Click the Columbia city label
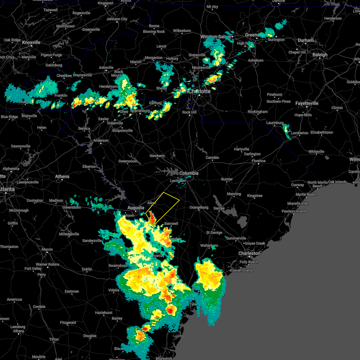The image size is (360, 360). (x=189, y=173)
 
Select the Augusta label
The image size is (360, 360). (x=136, y=208)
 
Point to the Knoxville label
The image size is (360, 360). (x=31, y=43)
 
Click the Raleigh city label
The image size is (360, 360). (x=320, y=55)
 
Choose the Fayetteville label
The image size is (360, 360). (x=307, y=103)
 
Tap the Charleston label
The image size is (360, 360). (x=249, y=253)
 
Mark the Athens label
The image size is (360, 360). (x=62, y=176)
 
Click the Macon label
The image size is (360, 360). (x=47, y=249)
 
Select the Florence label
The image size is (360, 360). (x=258, y=161)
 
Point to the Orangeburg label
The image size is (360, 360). (x=199, y=207)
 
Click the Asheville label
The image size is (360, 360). (x=106, y=67)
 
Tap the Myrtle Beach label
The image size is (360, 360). (x=306, y=194)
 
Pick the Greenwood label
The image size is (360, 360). (x=127, y=161)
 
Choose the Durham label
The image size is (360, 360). (x=306, y=40)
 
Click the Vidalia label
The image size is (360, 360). (x=114, y=290)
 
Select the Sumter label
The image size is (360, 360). (x=227, y=179)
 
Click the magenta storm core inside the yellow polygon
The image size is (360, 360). (x=152, y=215)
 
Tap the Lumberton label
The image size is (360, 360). (x=299, y=133)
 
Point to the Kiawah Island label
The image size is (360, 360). (x=241, y=270)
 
